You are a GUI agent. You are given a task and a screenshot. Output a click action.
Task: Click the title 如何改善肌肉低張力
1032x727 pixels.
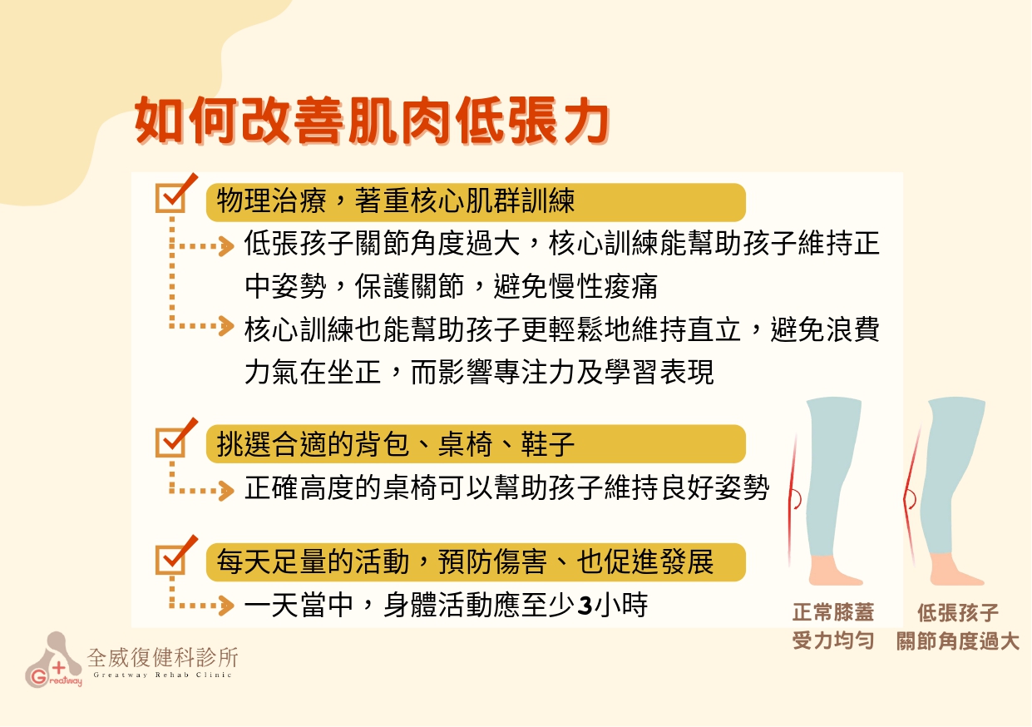373,121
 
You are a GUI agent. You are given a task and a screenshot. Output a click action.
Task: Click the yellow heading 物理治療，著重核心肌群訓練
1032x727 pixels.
476,202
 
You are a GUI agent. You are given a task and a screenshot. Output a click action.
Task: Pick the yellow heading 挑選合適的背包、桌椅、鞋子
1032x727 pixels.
476,444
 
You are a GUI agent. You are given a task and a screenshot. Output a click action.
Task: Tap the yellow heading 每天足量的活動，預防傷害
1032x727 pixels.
476,562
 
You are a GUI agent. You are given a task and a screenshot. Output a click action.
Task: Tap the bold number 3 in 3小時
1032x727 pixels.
585,606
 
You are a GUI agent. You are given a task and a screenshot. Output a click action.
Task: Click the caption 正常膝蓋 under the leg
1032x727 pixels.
833,612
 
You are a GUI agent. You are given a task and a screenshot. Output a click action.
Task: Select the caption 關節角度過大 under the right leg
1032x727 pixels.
958,640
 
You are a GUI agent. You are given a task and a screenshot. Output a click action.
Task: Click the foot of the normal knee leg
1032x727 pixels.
833,571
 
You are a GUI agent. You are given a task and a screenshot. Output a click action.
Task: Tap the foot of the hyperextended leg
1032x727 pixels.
954,571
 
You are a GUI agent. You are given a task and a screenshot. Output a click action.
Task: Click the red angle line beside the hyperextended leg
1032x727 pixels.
910,497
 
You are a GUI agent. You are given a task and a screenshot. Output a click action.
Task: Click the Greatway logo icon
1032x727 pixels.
53,660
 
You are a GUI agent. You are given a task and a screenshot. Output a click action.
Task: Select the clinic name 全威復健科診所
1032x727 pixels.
163,657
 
